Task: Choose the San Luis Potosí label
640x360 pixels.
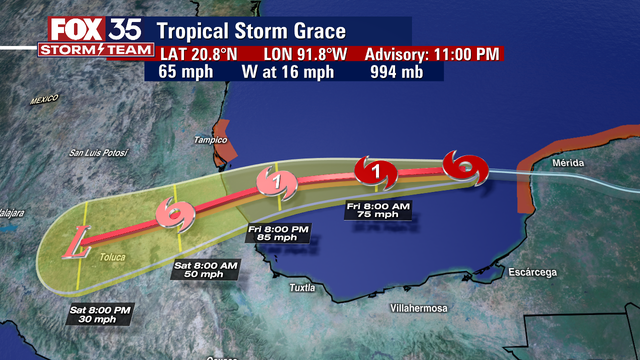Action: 102,153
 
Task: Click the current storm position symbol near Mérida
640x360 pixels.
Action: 466,167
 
